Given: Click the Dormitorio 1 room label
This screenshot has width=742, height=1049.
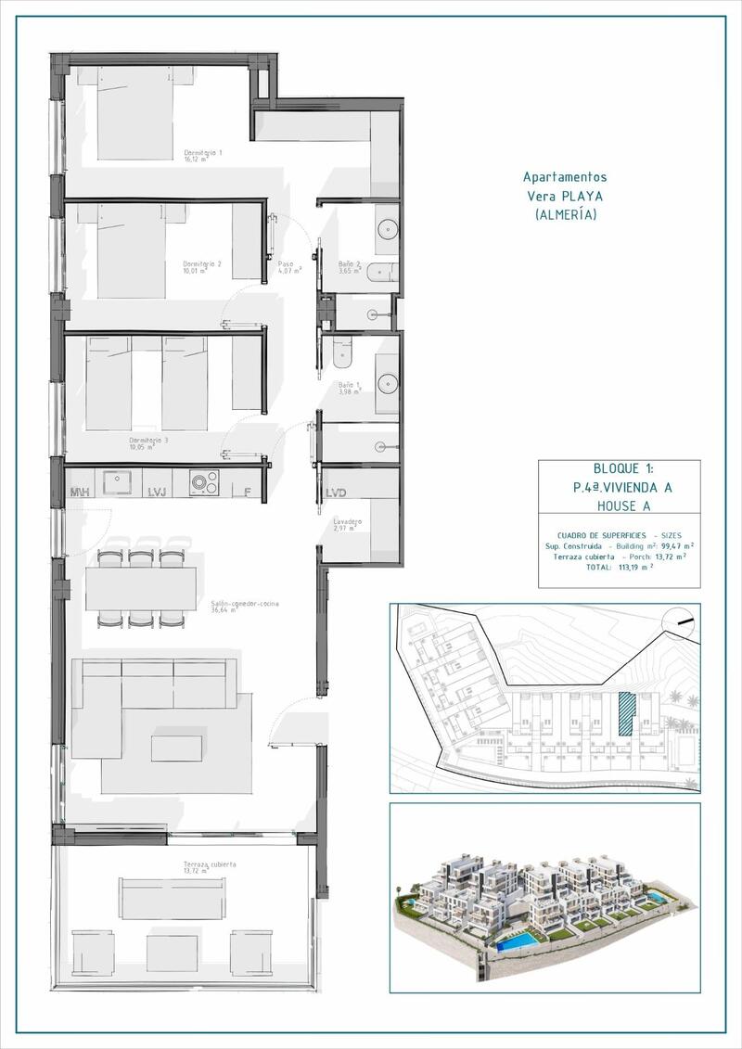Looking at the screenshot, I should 202,155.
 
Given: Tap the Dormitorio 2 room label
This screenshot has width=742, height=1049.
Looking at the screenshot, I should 201,268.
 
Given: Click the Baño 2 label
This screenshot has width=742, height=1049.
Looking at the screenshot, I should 350,267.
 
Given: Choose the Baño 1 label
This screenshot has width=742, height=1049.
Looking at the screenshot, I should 349,388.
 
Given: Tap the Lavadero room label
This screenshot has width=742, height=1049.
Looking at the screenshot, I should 348,524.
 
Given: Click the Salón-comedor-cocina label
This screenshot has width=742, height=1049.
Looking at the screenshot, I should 244,607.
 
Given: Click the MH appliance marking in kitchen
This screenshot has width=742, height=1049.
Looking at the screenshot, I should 80,492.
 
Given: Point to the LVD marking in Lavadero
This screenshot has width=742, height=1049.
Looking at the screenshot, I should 335,493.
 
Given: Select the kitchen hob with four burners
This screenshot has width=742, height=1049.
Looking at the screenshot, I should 203,482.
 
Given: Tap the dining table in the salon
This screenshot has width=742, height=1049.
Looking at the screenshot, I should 141,589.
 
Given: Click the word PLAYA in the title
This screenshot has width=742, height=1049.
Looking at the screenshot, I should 581,196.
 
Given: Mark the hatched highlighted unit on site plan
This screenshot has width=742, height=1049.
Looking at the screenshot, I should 627,714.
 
